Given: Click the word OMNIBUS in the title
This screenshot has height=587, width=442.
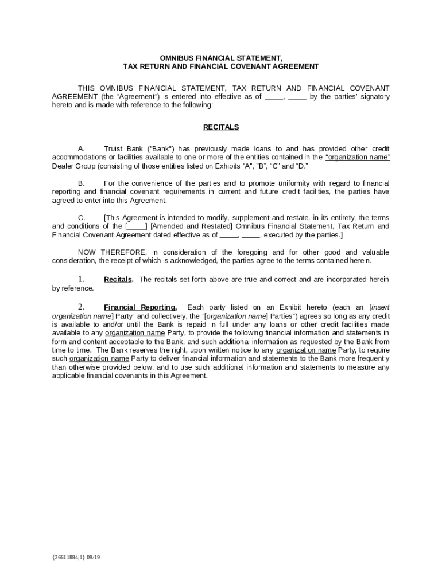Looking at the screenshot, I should (176, 58).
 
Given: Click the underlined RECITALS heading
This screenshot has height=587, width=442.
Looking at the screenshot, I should (221, 127).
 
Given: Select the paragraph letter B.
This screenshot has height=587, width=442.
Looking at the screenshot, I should (82, 183).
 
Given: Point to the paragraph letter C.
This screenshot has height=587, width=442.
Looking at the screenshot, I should (82, 218).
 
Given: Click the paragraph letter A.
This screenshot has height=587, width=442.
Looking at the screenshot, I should (82, 148).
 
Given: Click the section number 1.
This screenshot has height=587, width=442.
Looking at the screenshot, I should (82, 279).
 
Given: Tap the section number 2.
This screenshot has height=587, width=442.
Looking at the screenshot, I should (82, 307).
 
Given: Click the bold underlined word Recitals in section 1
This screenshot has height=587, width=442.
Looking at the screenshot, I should (118, 280).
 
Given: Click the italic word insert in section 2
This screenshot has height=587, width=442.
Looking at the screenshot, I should (381, 307).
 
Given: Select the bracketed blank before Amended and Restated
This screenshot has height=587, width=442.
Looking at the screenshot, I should (136, 226).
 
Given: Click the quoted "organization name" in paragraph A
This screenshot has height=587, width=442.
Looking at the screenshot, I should (358, 157).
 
